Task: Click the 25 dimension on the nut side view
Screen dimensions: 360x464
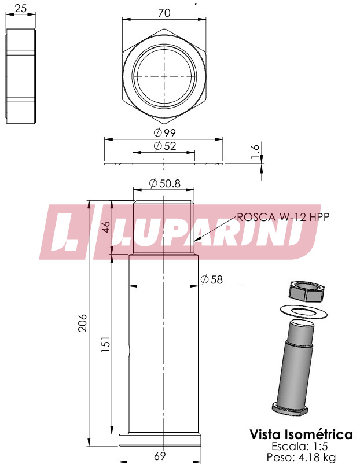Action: (x=20, y=8)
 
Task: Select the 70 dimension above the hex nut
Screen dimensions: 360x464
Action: (x=164, y=13)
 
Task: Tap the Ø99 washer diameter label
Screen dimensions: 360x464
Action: (x=165, y=133)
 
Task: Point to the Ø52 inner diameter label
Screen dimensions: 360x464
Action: (x=165, y=146)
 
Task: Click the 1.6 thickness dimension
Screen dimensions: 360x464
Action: (x=255, y=151)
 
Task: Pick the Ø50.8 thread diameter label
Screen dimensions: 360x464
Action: (x=164, y=183)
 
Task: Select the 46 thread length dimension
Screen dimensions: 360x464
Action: (x=106, y=227)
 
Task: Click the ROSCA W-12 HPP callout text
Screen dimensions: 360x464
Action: (x=283, y=217)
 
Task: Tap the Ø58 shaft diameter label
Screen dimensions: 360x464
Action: (x=211, y=279)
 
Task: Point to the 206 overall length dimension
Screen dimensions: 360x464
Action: (x=82, y=323)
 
